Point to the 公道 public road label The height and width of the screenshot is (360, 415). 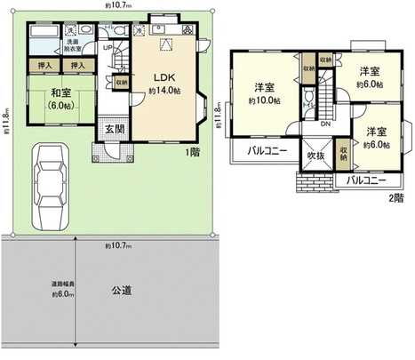coord(123,290)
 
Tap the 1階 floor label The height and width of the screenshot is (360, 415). coord(193,153)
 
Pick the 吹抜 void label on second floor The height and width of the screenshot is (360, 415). coord(315,157)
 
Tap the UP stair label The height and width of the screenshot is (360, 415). coord(108,47)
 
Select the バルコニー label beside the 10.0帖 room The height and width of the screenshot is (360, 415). coord(266,151)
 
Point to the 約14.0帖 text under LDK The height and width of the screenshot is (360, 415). coord(164,91)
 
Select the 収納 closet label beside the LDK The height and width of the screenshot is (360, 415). coord(120,82)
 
